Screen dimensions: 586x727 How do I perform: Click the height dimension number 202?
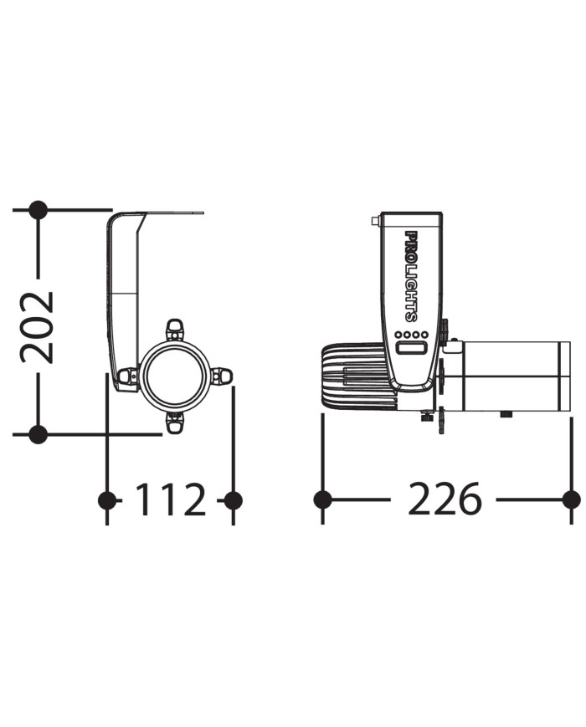point(37,327)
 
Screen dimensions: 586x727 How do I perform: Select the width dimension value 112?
point(170,499)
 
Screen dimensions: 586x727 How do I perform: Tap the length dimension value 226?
point(445,499)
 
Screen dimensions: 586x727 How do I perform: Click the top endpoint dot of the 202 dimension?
point(38,210)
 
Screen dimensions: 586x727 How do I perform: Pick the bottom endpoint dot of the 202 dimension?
point(38,434)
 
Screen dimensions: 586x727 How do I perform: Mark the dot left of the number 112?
point(108,500)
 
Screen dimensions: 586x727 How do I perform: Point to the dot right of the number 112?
point(233,500)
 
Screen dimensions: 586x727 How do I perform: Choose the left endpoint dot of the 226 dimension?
point(322,499)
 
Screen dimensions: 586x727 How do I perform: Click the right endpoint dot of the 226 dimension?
point(571,499)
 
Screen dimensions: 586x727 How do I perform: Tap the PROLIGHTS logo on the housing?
point(410,276)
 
